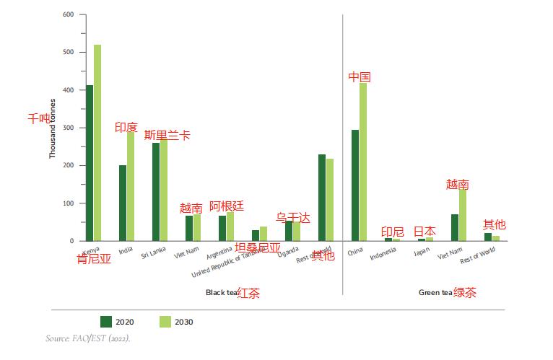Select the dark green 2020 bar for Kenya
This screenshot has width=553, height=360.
point(90,163)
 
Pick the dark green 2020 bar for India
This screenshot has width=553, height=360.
point(123,203)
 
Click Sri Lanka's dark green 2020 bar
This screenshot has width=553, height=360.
point(156,192)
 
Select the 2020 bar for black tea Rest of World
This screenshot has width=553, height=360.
point(322,198)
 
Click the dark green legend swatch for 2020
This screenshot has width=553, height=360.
point(106,321)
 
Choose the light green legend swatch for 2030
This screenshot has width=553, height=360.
point(165,321)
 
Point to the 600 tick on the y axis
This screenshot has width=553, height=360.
point(69,14)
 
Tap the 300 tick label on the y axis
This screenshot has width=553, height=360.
point(69,128)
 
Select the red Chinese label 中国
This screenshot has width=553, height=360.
point(360,76)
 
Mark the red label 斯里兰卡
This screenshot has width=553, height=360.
point(167,135)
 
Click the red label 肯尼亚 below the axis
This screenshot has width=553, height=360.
point(94,259)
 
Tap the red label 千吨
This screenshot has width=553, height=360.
point(39,118)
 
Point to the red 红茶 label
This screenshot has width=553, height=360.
point(249,293)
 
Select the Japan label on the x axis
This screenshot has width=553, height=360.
point(422,253)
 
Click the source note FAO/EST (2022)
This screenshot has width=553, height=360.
point(88,338)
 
